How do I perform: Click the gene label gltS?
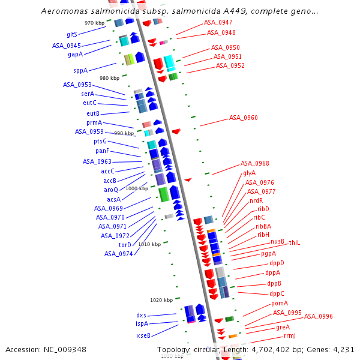click(71, 34)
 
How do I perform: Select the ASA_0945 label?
click(66, 46)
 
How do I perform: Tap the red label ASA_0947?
click(218, 22)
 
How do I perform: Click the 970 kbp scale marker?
click(94, 23)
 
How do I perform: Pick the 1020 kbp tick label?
click(161, 300)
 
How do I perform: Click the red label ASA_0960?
click(243, 118)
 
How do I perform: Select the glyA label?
click(249, 173)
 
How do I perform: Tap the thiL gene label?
click(294, 242)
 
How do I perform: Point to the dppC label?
click(277, 293)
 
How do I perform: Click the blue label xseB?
click(143, 335)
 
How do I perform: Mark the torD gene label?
click(125, 245)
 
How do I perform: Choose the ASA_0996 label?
click(318, 316)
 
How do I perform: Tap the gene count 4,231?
click(342, 349)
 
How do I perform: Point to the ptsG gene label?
click(100, 141)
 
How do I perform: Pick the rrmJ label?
click(290, 335)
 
